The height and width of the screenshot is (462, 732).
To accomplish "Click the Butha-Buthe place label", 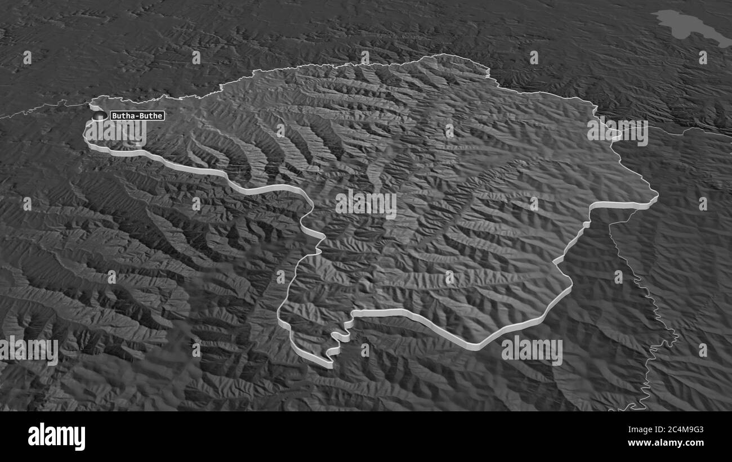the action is (x=137, y=116).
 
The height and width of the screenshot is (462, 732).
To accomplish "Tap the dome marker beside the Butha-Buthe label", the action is (x=100, y=116).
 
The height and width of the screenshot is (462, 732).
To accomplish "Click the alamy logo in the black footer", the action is (x=56, y=436).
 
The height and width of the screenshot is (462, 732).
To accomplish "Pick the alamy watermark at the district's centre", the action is (x=366, y=205).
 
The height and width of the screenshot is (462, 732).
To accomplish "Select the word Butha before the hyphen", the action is (x=121, y=116).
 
